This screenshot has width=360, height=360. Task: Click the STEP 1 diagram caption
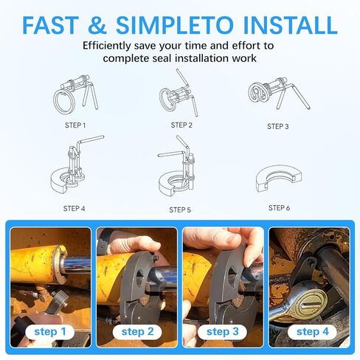pyautogui.click(x=75, y=125)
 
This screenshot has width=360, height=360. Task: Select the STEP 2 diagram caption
pyautogui.click(x=180, y=125)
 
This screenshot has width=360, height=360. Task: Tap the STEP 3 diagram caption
pyautogui.click(x=278, y=126)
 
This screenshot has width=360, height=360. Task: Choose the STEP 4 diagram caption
pyautogui.click(x=75, y=209)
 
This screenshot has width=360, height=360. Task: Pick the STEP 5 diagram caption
pyautogui.click(x=180, y=210)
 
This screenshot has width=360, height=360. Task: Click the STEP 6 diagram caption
pyautogui.click(x=279, y=208)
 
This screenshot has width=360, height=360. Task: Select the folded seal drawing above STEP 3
pyautogui.click(x=268, y=93)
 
